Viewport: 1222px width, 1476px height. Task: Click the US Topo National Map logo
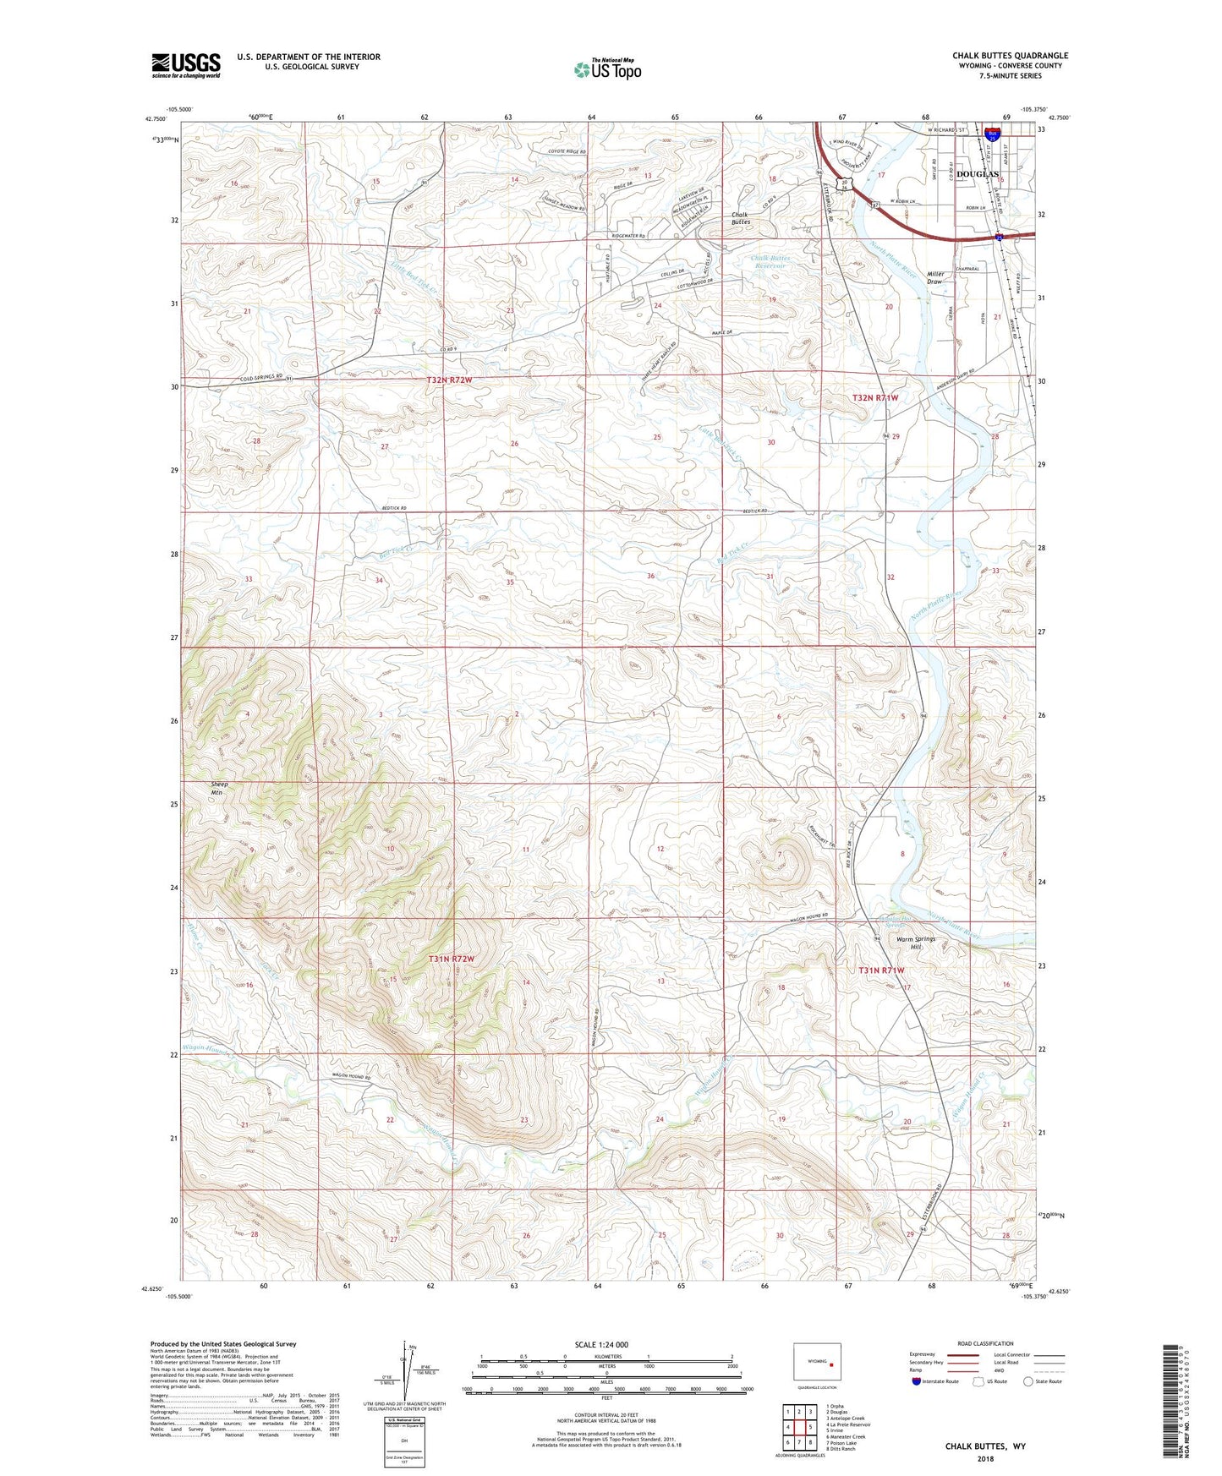[607, 68]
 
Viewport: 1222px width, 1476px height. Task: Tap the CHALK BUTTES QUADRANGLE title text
[1010, 56]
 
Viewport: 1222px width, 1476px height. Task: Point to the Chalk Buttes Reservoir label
[769, 261]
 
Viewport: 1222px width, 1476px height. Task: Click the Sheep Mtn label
[220, 788]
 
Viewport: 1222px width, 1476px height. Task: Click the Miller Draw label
[934, 277]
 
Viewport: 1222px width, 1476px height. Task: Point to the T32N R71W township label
[874, 396]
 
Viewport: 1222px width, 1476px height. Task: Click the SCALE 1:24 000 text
[601, 1344]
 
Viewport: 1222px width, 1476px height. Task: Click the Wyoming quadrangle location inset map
[817, 1362]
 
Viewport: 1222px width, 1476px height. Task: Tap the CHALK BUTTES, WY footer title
[984, 1446]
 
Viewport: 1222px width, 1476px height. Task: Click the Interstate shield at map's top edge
[993, 133]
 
